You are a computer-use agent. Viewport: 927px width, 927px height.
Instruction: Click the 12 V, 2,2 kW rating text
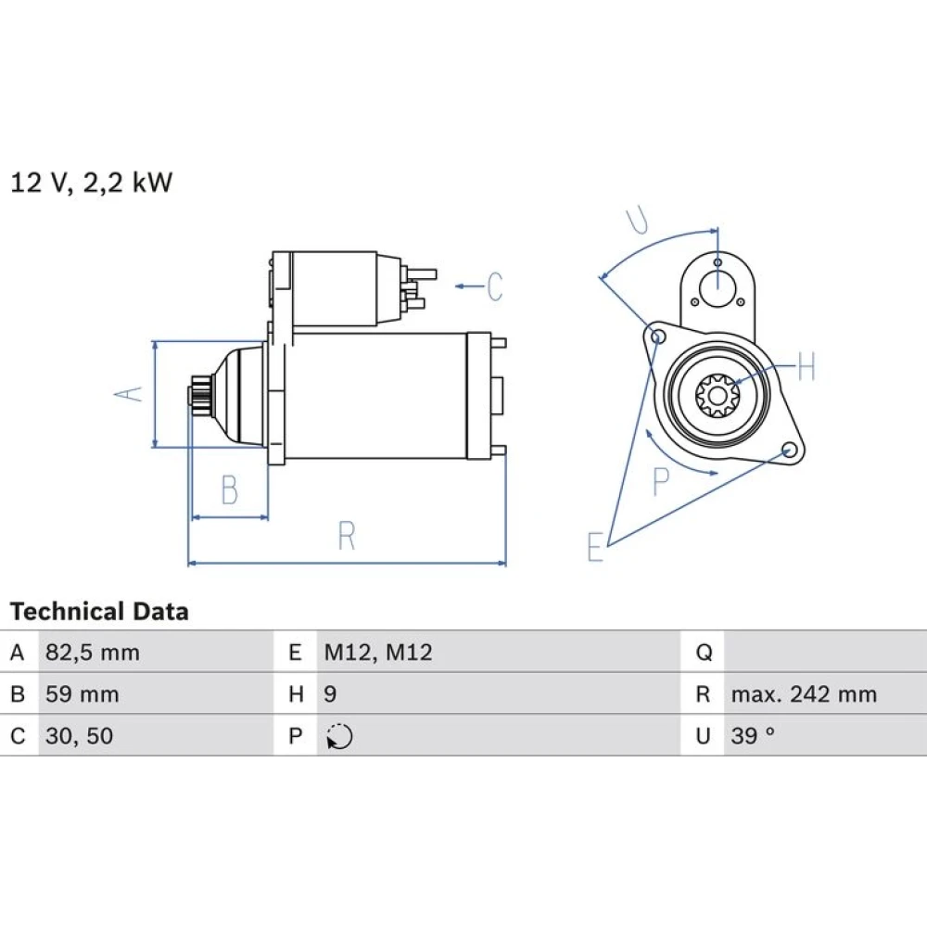pyautogui.click(x=92, y=183)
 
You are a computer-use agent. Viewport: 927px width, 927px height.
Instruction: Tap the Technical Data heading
pyautogui.click(x=99, y=611)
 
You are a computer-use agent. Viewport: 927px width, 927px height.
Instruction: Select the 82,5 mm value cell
pyautogui.click(x=93, y=653)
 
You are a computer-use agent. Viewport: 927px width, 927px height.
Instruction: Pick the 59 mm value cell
pyautogui.click(x=83, y=694)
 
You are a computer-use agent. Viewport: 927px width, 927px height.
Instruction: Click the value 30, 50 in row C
pyautogui.click(x=79, y=736)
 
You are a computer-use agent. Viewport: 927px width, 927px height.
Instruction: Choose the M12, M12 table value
pyautogui.click(x=378, y=653)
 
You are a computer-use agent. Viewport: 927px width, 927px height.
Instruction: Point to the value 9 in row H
pyautogui.click(x=331, y=694)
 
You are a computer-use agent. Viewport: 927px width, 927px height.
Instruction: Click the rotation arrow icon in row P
pyautogui.click(x=339, y=737)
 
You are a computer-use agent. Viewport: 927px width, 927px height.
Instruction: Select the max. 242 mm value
pyautogui.click(x=804, y=694)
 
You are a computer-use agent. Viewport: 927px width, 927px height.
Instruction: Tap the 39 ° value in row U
pyautogui.click(x=753, y=736)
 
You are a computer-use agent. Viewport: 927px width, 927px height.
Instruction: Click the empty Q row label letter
pyautogui.click(x=704, y=653)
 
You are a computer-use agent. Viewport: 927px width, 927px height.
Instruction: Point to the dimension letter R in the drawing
pyautogui.click(x=347, y=536)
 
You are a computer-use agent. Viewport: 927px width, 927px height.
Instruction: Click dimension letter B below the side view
pyautogui.click(x=230, y=489)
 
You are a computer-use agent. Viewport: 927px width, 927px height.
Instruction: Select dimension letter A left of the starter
pyautogui.click(x=129, y=394)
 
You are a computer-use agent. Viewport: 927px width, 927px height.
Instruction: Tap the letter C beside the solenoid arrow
pyautogui.click(x=495, y=286)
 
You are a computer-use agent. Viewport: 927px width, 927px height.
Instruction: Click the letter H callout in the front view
pyautogui.click(x=806, y=366)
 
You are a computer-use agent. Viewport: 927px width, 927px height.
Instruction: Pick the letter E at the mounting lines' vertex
pyautogui.click(x=595, y=546)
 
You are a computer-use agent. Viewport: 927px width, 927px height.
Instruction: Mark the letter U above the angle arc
pyautogui.click(x=638, y=220)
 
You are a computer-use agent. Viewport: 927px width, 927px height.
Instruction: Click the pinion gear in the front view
pyautogui.click(x=717, y=394)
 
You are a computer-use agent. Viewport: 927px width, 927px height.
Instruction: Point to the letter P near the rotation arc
pyautogui.click(x=661, y=482)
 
